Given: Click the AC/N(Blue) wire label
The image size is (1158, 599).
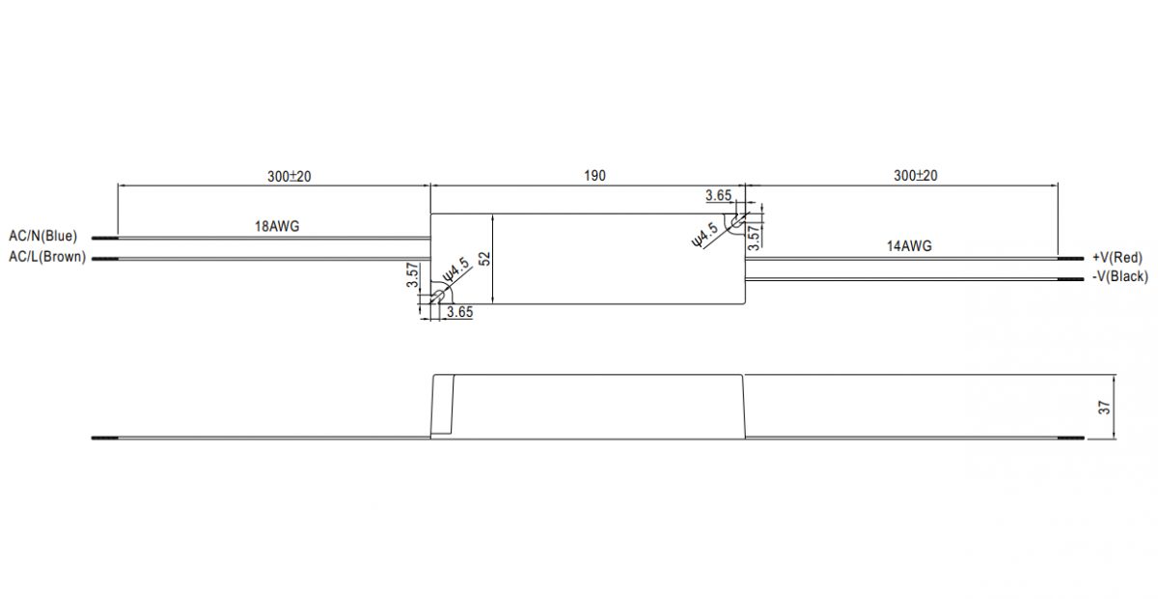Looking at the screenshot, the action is pos(42,236).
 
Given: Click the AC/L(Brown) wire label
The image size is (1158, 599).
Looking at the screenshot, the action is pos(47,257).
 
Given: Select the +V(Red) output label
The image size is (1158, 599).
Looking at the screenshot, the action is pos(1117,257).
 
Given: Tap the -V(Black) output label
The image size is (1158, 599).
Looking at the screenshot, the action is pos(1119,276).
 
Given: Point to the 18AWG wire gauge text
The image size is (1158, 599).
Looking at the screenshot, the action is pos(277,226).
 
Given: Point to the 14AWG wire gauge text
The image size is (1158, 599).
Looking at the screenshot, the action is pos(909,246).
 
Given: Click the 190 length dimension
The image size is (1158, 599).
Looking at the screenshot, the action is pos(594,176).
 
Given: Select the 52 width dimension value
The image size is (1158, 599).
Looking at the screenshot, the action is pos(484,259).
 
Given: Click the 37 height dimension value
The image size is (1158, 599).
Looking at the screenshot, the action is pos(1104,408).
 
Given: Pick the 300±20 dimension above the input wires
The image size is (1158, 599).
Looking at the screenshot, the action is pos(289,177).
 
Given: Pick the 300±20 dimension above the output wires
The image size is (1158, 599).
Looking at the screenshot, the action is pos(916,176).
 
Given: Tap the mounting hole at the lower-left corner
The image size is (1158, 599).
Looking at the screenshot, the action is pos(437,298).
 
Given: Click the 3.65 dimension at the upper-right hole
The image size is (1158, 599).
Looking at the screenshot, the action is pos(719,195).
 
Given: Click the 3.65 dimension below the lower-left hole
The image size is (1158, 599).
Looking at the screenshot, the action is pos(459,312).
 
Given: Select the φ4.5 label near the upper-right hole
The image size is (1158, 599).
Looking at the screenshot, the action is pos(705,235).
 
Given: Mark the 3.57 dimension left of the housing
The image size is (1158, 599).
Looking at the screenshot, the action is pos(412,275).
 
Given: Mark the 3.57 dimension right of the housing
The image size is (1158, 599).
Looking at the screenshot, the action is pos(756,238).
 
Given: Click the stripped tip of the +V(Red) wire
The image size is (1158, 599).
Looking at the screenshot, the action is pos(1070,258).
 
